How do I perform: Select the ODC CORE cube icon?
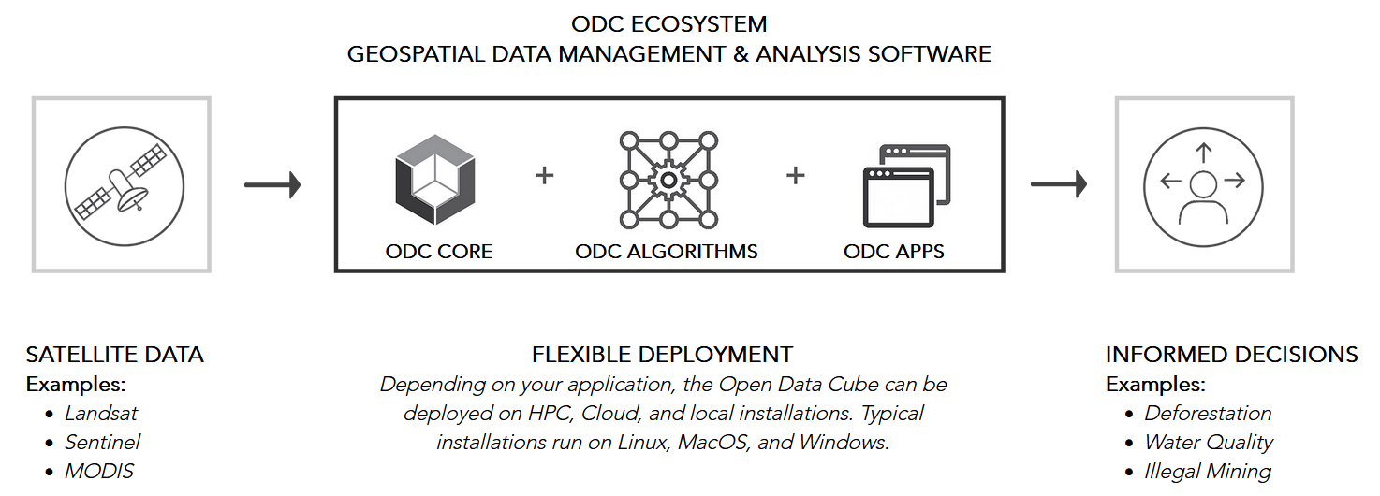pyautogui.click(x=435, y=180)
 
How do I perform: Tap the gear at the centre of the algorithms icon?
pyautogui.click(x=668, y=181)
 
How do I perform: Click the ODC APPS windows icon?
pyautogui.click(x=907, y=185)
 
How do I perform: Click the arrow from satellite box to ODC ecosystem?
pyautogui.click(x=272, y=185)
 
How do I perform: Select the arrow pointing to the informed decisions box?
pyautogui.click(x=1059, y=184)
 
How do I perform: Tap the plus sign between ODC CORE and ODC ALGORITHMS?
pyautogui.click(x=545, y=176)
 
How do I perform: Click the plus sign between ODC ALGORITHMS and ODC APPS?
pyautogui.click(x=796, y=176)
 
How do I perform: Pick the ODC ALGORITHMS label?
pyautogui.click(x=666, y=252)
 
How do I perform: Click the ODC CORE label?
pyautogui.click(x=439, y=252)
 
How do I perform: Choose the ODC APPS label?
pyautogui.click(x=893, y=252)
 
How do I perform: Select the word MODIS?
pyautogui.click(x=99, y=472)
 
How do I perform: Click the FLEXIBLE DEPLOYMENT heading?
pyautogui.click(x=662, y=355)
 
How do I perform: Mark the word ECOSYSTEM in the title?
pyautogui.click(x=698, y=24)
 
